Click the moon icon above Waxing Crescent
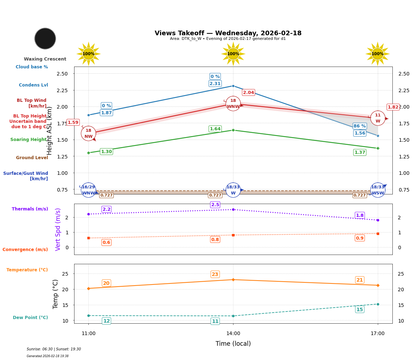coord(45,38)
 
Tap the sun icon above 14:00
coord(233,54)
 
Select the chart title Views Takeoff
coord(228,33)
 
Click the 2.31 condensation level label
coord(215,84)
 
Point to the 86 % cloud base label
coord(360,126)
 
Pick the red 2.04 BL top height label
coord(248,93)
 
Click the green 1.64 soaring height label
coord(215,129)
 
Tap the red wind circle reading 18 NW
coord(88,134)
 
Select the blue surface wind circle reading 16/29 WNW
coord(88,190)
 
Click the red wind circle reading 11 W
coord(378,118)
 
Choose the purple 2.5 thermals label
coord(215,205)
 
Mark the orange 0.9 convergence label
coord(360,238)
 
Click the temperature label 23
coord(215,274)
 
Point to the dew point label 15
coord(360,309)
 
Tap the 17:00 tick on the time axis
coord(378,334)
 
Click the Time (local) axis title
coord(233,344)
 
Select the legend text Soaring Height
coord(29,140)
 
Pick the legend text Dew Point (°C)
coord(30,318)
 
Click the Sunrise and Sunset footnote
coord(54,349)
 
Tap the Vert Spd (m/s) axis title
coord(58,229)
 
